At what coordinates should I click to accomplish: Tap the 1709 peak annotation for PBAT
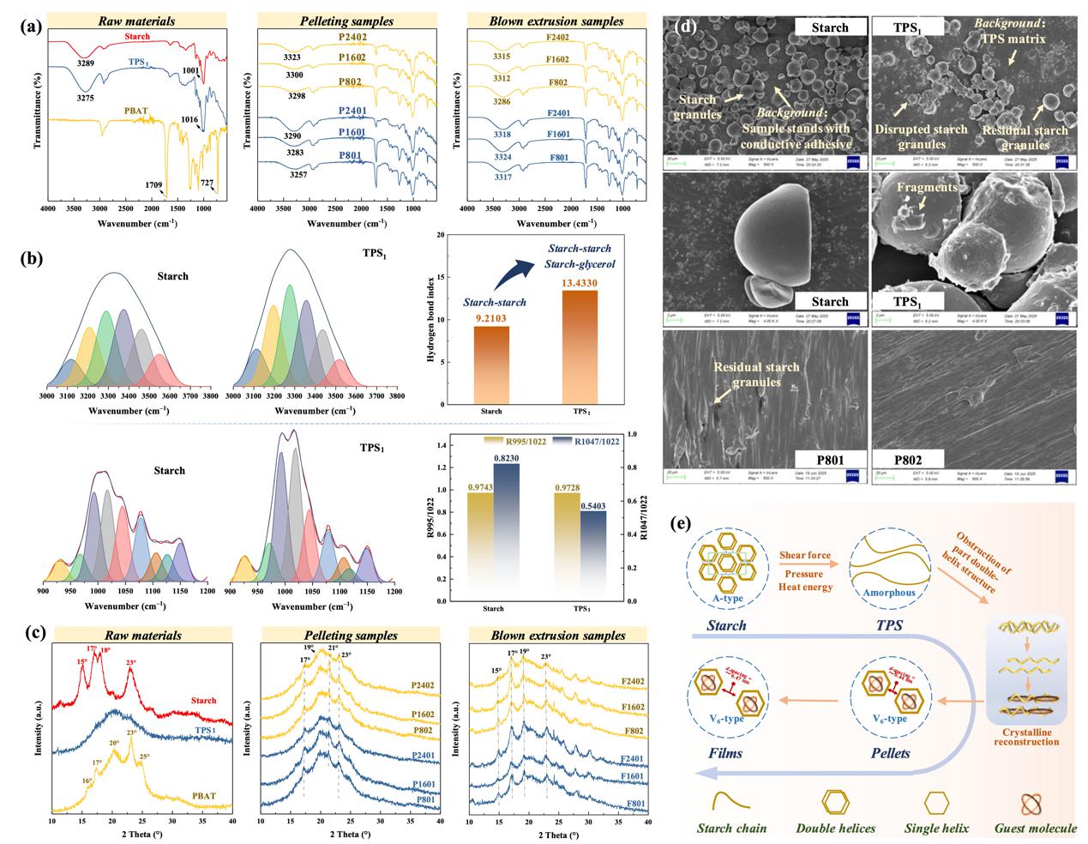(x=153, y=184)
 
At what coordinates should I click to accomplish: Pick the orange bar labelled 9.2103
(x=491, y=365)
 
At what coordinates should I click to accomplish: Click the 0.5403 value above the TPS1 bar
(x=593, y=506)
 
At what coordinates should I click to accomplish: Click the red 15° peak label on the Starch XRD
(x=81, y=662)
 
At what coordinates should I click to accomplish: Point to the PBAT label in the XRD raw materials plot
(x=203, y=796)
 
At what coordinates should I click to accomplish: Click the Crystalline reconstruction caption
(x=1026, y=736)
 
